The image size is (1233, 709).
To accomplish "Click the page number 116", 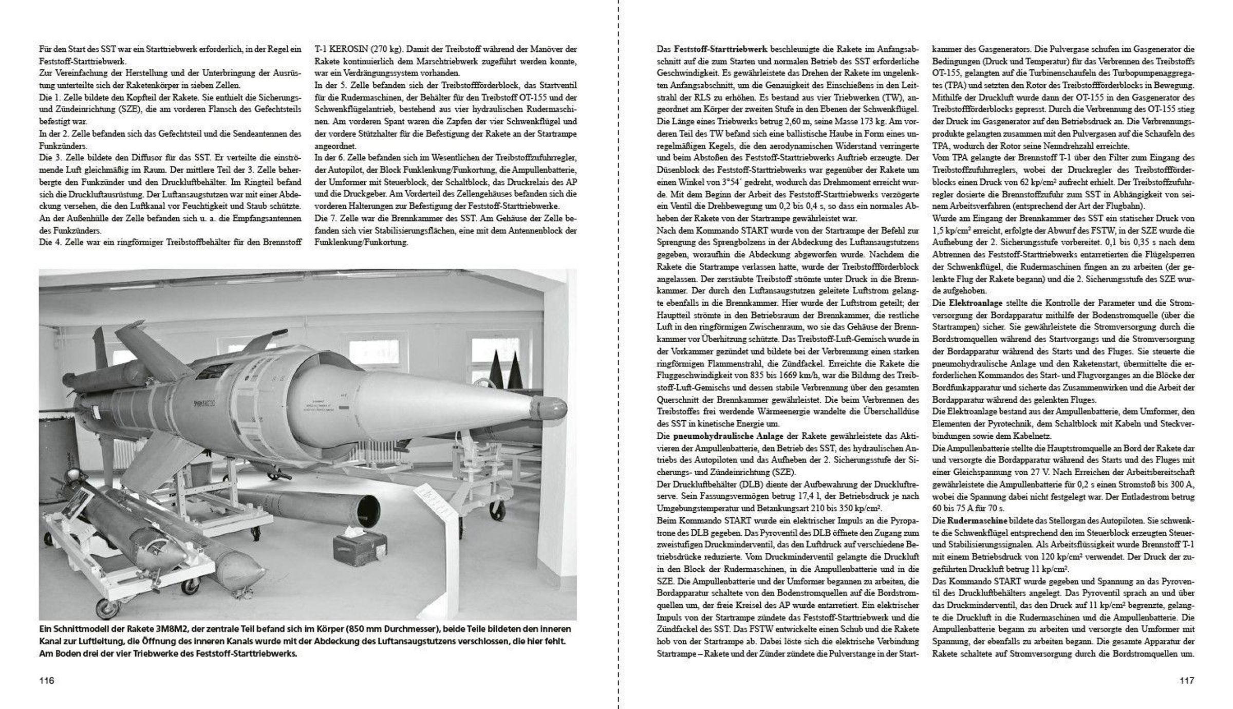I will click(x=47, y=681).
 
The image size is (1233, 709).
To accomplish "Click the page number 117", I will click(x=1187, y=681).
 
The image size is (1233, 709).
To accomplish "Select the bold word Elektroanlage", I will click(x=974, y=303).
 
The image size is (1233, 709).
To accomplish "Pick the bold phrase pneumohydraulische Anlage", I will click(x=720, y=436).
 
